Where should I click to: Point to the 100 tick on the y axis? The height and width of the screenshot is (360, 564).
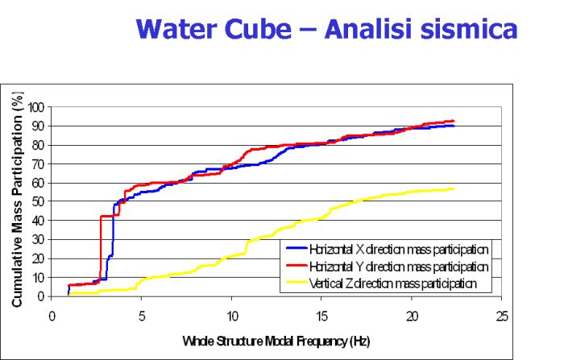[x=37, y=107]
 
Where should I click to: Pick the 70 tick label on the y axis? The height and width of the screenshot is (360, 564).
[x=39, y=164]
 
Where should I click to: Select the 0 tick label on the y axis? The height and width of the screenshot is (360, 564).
[x=43, y=296]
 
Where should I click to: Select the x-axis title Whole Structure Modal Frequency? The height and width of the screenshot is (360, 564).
[x=276, y=341]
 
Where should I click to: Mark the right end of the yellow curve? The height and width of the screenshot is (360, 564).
[x=454, y=189]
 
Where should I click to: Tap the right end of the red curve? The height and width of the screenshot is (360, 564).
[x=454, y=121]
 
